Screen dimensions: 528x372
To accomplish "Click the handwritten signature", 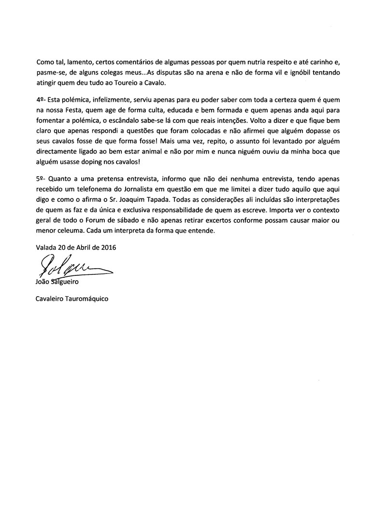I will point(72,265).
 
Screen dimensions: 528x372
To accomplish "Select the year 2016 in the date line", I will point(108,247).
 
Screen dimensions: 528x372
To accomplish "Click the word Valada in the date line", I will point(45,247).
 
